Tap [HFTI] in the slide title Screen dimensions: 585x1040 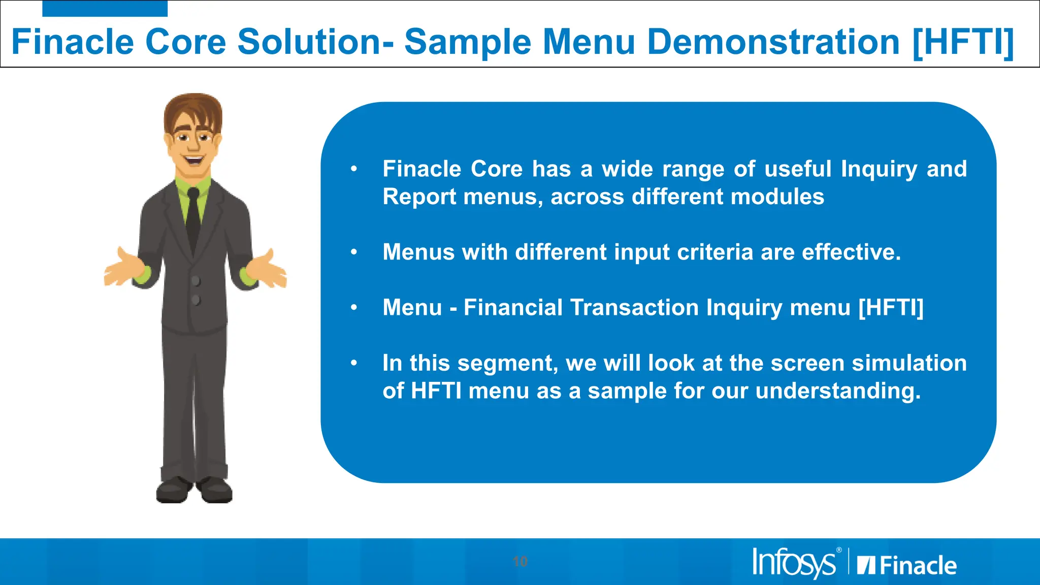click(963, 43)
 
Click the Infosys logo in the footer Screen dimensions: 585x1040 click(794, 563)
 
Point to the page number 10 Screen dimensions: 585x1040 click(520, 562)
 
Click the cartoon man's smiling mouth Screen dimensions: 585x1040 click(193, 161)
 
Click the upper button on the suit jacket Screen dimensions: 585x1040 click(196, 281)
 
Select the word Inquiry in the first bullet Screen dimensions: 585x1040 click(879, 169)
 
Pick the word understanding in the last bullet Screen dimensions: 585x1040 click(838, 391)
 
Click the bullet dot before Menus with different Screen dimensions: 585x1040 click(354, 252)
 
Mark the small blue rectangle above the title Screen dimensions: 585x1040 click(105, 8)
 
